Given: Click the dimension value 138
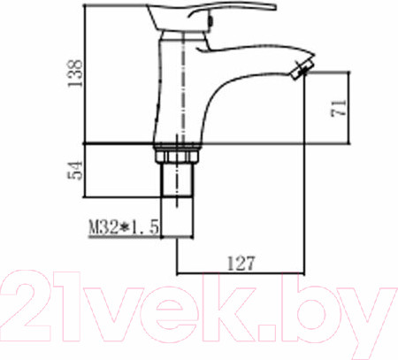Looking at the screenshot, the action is point(74,73).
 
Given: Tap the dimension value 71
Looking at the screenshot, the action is point(339,109).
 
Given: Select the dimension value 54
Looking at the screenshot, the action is point(75,170).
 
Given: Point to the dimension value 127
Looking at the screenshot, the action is point(241,264).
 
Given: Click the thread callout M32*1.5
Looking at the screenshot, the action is point(124,227).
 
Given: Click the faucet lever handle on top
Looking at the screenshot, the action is point(210,17).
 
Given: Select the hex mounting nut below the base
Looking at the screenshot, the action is point(177,155).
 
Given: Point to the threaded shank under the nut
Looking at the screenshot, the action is point(178,180).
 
